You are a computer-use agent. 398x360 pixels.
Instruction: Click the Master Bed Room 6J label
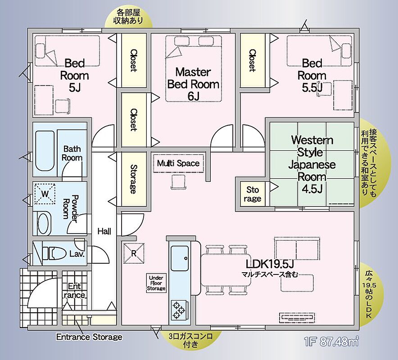pyautogui.click(x=193, y=84)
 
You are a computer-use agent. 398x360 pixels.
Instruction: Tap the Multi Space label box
pyautogui.click(x=178, y=163)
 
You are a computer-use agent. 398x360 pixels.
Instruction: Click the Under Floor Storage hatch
pyautogui.click(x=157, y=283)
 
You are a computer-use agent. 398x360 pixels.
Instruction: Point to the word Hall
pyautogui.click(x=104, y=231)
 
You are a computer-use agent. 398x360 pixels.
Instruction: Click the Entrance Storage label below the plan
pyautogui.click(x=89, y=337)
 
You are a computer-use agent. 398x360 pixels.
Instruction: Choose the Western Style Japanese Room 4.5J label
pyautogui.click(x=312, y=164)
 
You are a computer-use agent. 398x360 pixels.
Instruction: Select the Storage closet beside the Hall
pyautogui.click(x=133, y=179)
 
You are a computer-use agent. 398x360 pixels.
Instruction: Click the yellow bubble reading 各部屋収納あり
pyautogui.click(x=128, y=17)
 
